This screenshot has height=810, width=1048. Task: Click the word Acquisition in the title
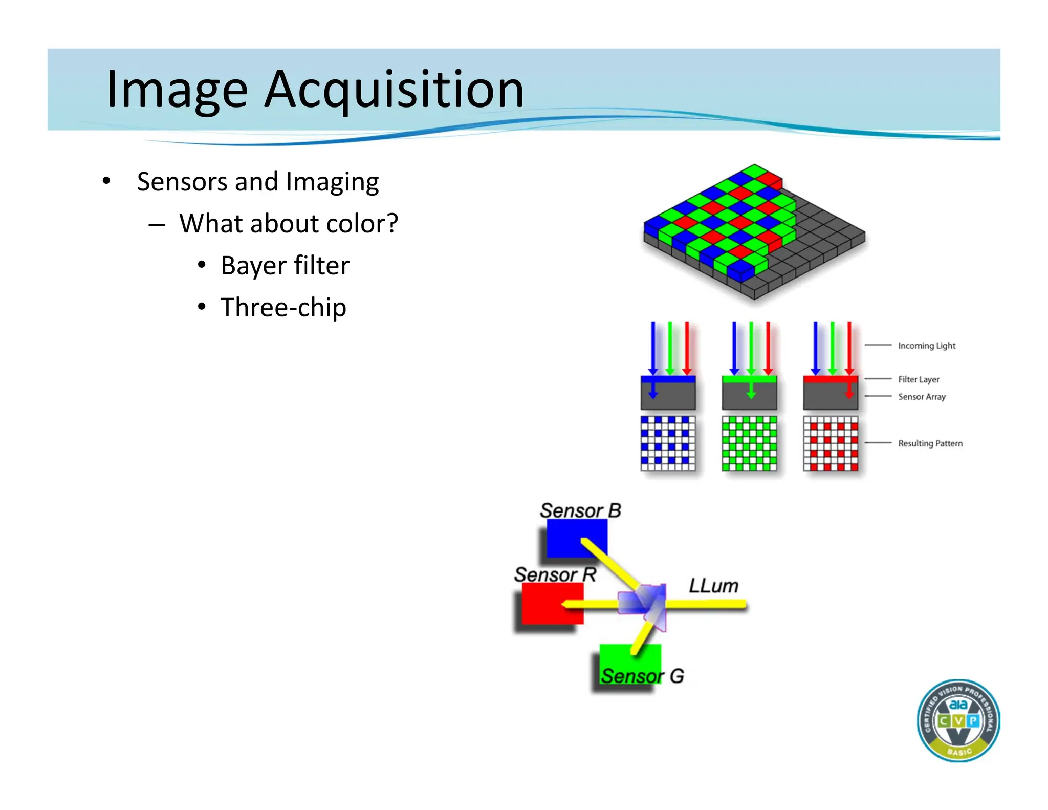394,90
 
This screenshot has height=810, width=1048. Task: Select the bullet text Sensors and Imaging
257,182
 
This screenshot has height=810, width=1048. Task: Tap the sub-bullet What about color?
288,224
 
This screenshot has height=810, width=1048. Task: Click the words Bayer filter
285,266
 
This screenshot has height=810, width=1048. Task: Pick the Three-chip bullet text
283,308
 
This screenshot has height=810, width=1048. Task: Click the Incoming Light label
926,346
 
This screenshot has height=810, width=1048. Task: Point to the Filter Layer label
919,379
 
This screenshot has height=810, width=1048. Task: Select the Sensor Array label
922,397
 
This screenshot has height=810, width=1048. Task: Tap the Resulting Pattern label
930,443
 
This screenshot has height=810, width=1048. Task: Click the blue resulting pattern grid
668,443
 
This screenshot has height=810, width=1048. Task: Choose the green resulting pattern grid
749,443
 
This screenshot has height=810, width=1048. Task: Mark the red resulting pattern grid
831,443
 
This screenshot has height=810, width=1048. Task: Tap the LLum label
713,586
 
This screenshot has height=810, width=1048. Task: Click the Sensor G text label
642,676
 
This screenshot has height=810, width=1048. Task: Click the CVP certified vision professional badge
958,720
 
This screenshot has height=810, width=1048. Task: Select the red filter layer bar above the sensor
830,379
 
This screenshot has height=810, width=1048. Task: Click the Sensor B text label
580,510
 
